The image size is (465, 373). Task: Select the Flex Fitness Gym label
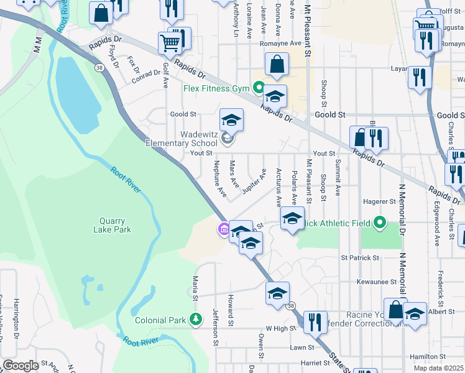216,88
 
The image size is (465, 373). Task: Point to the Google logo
21,366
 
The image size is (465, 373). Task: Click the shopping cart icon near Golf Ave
170,44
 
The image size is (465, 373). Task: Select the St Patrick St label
359,257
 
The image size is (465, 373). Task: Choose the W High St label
279,328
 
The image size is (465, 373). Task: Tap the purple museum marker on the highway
223,231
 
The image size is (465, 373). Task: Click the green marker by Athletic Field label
379,223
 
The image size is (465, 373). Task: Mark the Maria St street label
195,287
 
